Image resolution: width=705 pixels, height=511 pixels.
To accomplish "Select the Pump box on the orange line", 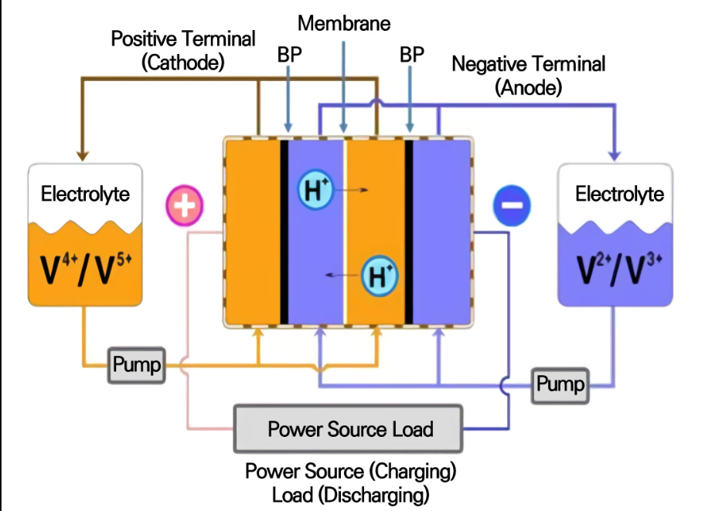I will click(136, 365).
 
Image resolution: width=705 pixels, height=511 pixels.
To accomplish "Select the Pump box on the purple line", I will click(559, 384).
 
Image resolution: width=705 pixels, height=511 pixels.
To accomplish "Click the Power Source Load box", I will click(349, 428).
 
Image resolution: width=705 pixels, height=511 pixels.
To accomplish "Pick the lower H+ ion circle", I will click(380, 275).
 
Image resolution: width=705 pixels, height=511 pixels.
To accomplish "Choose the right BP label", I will click(411, 55).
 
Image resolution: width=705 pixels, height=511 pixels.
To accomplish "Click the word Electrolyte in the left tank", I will click(85, 193).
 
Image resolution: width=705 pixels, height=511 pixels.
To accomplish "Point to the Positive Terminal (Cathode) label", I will click(182, 50).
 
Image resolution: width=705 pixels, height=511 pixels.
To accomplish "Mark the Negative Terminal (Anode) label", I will click(529, 75).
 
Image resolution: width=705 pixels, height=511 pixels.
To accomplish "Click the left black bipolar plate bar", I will click(284, 232).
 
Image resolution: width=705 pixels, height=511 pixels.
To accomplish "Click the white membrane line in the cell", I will click(344, 232).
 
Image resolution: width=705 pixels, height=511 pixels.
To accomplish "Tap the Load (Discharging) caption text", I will click(350, 493).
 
